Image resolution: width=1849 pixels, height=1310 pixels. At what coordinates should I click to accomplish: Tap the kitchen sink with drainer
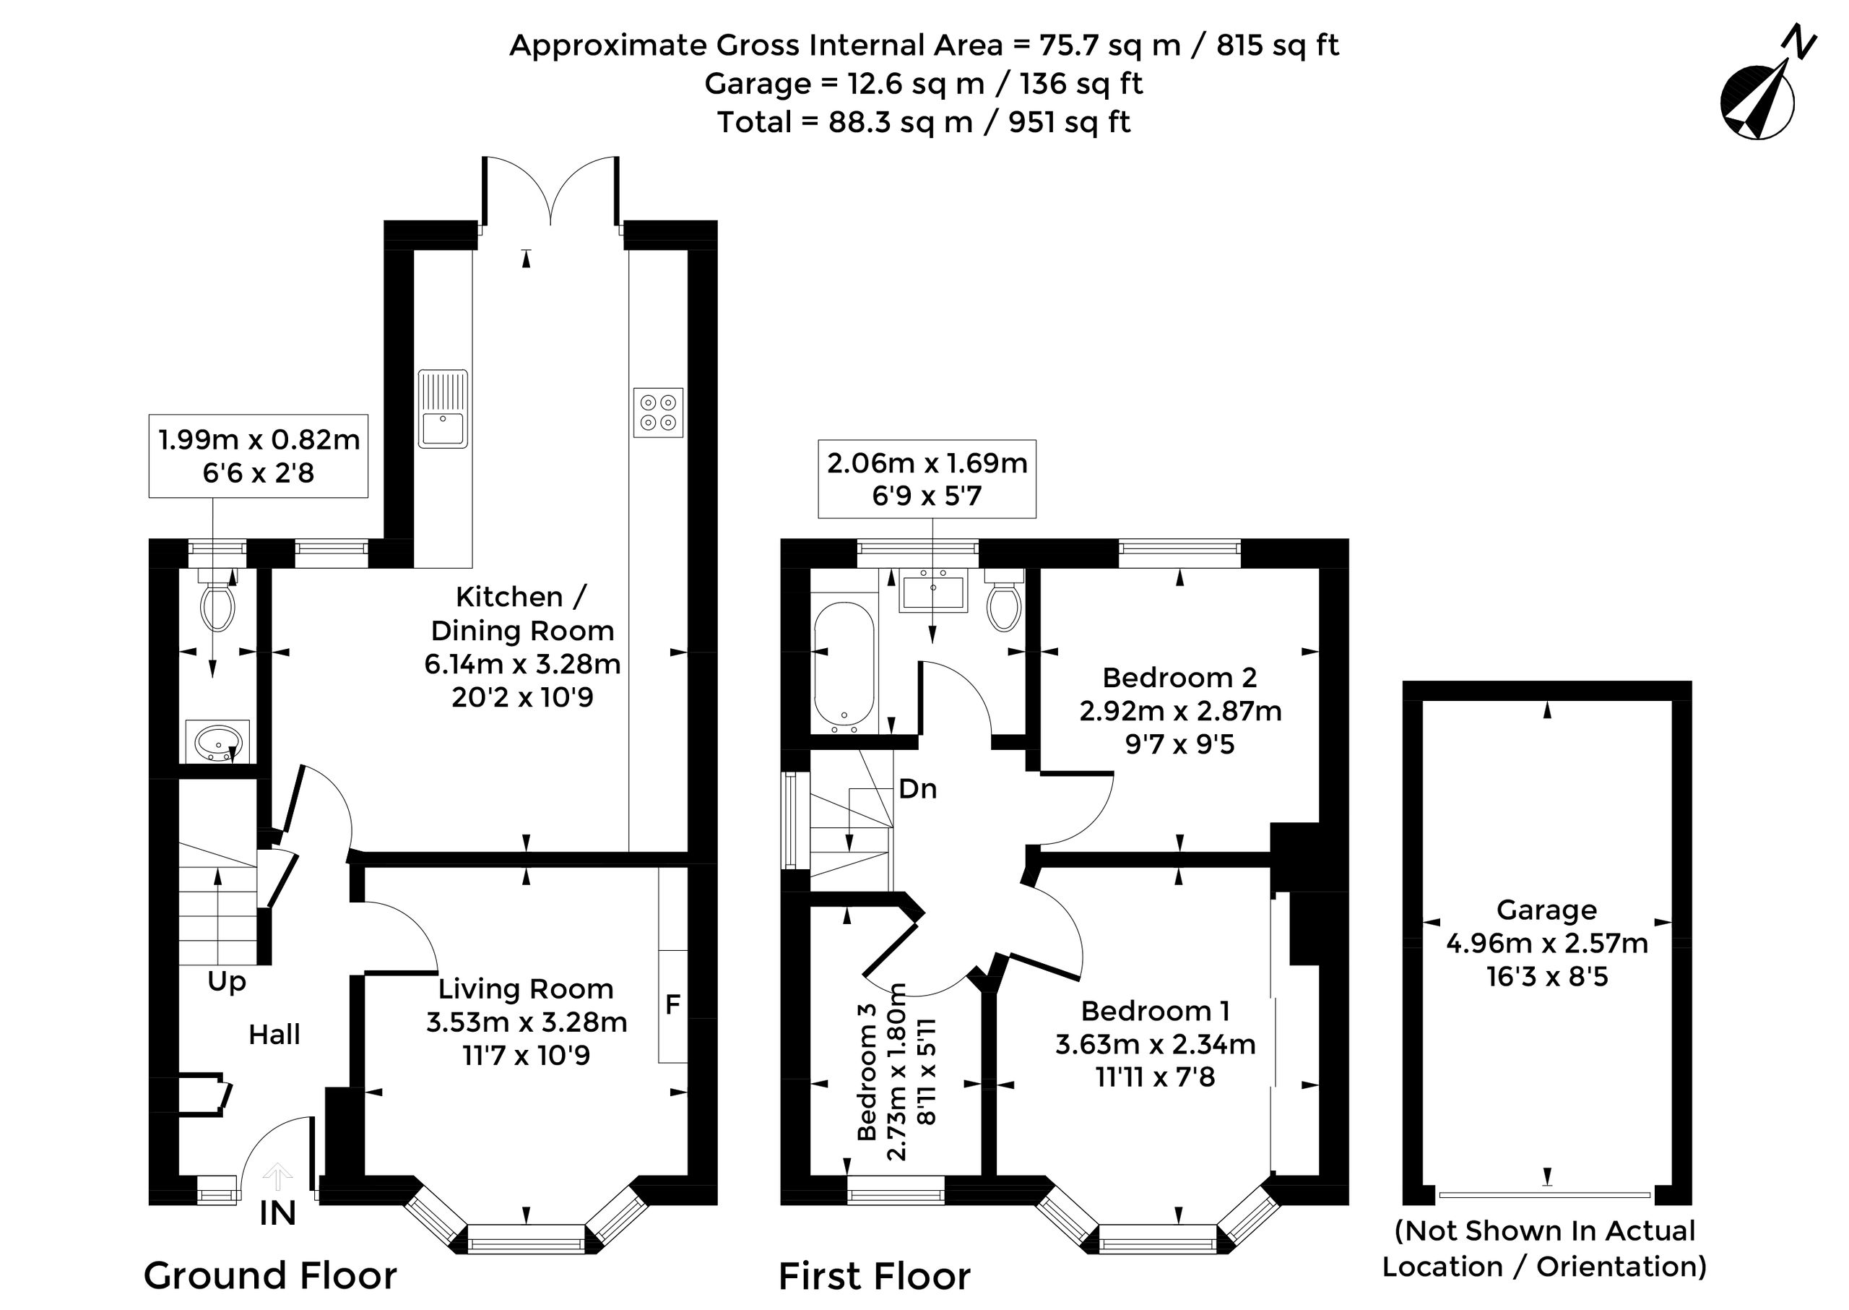[x=443, y=409]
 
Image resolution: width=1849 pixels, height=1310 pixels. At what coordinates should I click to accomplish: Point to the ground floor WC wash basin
[x=217, y=741]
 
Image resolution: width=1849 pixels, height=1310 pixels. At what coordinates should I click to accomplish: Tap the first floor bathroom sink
[x=933, y=590]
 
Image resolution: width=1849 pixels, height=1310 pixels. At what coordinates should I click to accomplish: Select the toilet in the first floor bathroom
[x=1004, y=600]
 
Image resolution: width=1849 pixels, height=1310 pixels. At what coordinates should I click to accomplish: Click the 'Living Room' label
[x=526, y=990]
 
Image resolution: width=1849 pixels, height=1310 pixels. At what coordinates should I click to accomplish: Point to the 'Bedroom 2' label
[x=1179, y=678]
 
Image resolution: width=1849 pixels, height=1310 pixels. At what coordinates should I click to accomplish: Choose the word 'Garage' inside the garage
[x=1546, y=910]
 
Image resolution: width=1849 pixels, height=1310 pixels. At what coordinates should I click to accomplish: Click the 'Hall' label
[x=274, y=1035]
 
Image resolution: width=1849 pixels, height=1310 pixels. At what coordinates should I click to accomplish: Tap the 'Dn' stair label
[x=918, y=789]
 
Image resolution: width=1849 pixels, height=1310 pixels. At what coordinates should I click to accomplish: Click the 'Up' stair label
[x=227, y=983]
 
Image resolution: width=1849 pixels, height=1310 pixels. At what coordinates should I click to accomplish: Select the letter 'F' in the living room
[x=672, y=1004]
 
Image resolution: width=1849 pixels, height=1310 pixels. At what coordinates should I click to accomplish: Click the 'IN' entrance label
[x=277, y=1214]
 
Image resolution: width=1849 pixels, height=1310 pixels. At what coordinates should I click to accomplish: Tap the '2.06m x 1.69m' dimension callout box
[x=927, y=479]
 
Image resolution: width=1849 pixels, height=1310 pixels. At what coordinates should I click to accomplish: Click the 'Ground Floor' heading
[x=270, y=1276]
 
